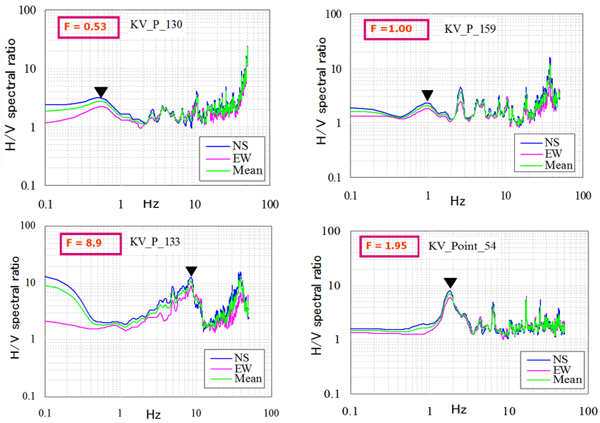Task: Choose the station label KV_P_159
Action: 472,29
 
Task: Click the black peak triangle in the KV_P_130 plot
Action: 102,91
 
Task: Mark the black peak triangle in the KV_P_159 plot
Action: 427,95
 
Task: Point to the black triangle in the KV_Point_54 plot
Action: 449,283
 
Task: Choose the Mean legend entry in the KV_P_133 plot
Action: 245,378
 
